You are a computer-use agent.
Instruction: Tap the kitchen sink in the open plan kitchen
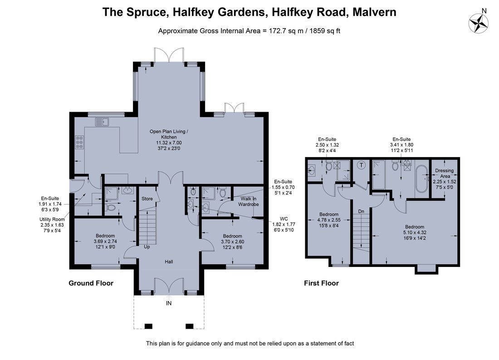click(102, 122)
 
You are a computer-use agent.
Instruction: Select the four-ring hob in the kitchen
click(79, 143)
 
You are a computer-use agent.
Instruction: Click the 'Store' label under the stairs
click(147, 198)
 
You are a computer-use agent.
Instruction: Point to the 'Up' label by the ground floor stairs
click(147, 247)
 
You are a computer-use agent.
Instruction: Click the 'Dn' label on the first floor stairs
click(361, 211)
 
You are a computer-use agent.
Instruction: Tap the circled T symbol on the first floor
click(361, 165)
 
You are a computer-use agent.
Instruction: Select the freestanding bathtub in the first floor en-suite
click(422, 179)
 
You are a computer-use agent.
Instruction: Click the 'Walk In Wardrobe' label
click(248, 202)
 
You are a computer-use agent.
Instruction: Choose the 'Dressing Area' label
click(445, 173)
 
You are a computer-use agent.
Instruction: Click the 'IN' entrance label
click(169, 303)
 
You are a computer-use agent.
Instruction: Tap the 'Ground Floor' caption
click(91, 283)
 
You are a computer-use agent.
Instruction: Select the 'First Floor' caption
click(321, 283)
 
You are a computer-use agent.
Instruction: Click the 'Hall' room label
click(169, 261)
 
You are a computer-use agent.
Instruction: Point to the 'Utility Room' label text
click(52, 219)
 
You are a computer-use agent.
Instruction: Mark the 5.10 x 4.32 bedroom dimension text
click(415, 232)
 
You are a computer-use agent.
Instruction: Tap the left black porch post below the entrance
click(148, 326)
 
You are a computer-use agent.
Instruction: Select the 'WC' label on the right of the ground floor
click(284, 218)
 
